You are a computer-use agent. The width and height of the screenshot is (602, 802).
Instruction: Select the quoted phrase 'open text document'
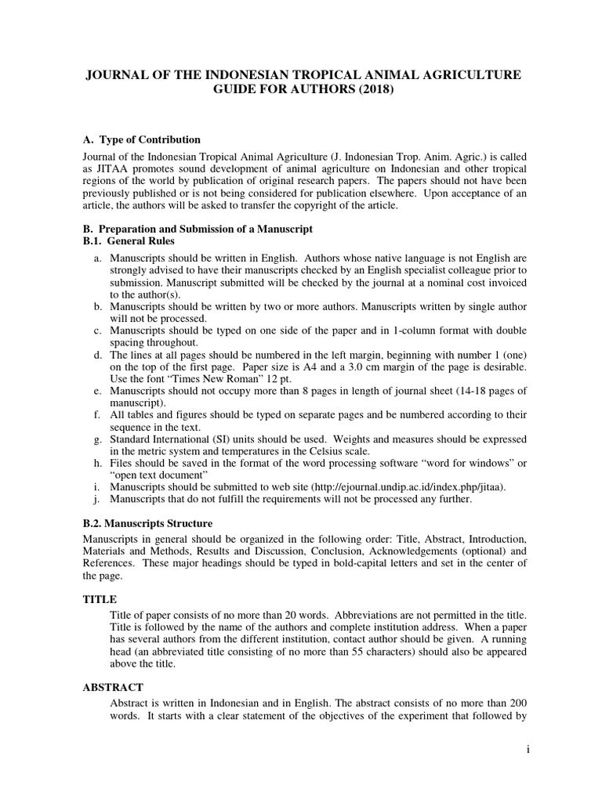[x=161, y=476]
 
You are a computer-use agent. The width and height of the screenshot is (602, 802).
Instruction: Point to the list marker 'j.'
[x=97, y=500]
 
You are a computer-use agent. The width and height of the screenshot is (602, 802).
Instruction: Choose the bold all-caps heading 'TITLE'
[x=100, y=598]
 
